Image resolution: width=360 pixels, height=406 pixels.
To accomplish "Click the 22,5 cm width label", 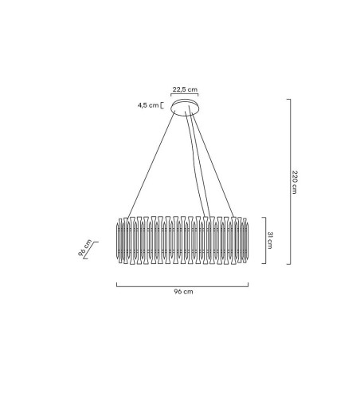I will click(x=185, y=90).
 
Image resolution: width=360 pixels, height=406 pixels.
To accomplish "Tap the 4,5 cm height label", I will click(x=149, y=104).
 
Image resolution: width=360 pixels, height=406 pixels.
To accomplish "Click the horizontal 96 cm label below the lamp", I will click(x=183, y=293).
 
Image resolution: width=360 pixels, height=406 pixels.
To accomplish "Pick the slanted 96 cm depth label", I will click(x=84, y=249).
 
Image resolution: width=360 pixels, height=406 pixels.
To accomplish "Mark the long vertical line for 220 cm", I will click(x=288, y=182).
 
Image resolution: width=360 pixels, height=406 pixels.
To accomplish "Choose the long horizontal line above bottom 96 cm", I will click(x=182, y=285).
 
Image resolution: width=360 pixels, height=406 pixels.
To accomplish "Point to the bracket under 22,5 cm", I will click(x=185, y=97).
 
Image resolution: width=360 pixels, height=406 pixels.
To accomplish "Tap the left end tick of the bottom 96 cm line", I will click(x=117, y=283).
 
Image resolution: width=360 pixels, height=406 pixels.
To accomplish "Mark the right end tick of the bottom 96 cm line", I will click(x=248, y=283).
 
